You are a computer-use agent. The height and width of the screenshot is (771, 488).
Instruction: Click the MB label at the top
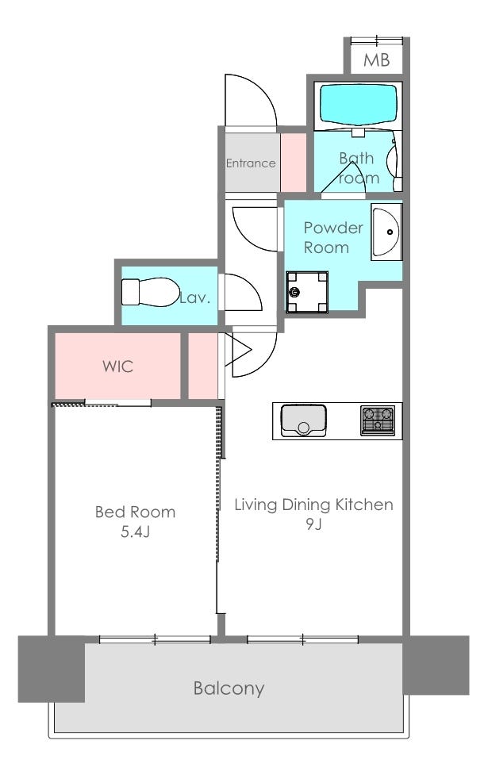(376, 60)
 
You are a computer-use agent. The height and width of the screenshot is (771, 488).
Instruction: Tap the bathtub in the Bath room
(358, 105)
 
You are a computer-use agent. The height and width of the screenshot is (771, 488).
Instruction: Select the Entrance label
(251, 163)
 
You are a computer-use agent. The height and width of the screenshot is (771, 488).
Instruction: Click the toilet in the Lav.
(150, 292)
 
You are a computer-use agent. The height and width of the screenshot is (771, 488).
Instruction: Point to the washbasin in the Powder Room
(386, 232)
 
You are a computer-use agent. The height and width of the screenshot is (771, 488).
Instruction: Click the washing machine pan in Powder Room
(307, 292)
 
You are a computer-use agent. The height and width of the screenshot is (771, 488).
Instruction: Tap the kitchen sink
(304, 420)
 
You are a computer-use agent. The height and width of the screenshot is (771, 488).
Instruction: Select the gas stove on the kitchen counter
(378, 420)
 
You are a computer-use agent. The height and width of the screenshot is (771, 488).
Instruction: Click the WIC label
(117, 366)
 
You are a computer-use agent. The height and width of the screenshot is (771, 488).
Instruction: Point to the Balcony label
(229, 689)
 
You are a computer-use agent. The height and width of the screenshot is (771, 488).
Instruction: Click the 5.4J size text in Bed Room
(135, 531)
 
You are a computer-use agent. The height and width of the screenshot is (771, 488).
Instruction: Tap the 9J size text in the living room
(313, 524)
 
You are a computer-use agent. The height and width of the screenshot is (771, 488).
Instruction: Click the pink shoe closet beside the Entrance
(293, 163)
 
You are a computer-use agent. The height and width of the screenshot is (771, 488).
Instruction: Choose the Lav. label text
(195, 297)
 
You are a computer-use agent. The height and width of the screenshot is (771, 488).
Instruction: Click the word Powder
(333, 228)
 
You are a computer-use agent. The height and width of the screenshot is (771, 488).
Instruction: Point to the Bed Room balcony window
(155, 639)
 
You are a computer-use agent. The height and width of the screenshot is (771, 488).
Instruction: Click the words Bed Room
(135, 512)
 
